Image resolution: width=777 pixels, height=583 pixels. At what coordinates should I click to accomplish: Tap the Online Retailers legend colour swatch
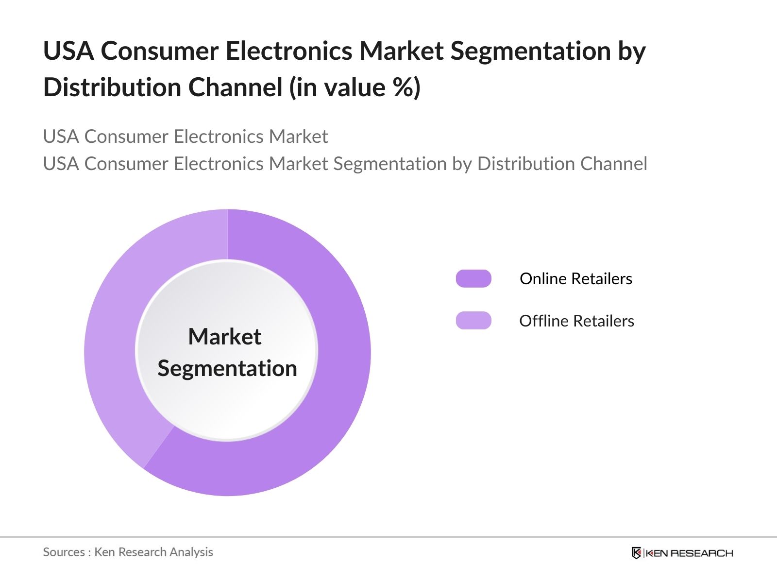473,278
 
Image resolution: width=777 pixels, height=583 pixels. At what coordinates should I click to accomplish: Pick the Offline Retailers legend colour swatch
473,321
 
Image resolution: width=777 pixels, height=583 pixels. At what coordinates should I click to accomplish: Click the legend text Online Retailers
576,279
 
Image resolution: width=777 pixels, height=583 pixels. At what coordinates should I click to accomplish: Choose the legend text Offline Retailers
576,321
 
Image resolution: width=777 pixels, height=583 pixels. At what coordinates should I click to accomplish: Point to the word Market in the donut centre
225,337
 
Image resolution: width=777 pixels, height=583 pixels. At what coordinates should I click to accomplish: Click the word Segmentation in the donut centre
227,368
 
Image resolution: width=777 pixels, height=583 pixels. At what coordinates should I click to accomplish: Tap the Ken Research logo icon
636,553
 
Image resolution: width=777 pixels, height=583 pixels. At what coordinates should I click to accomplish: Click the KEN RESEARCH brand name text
689,553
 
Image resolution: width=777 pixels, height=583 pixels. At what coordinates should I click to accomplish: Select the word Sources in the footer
64,552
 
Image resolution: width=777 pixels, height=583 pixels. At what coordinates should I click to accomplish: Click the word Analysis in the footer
191,552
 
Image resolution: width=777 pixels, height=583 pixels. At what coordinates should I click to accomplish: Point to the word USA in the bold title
68,51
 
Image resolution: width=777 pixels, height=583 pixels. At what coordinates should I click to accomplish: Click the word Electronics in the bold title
289,51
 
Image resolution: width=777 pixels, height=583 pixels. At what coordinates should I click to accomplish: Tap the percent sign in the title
399,88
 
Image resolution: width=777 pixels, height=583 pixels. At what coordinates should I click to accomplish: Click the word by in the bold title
632,51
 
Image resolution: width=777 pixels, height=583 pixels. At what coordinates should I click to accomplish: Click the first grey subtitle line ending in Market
186,137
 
